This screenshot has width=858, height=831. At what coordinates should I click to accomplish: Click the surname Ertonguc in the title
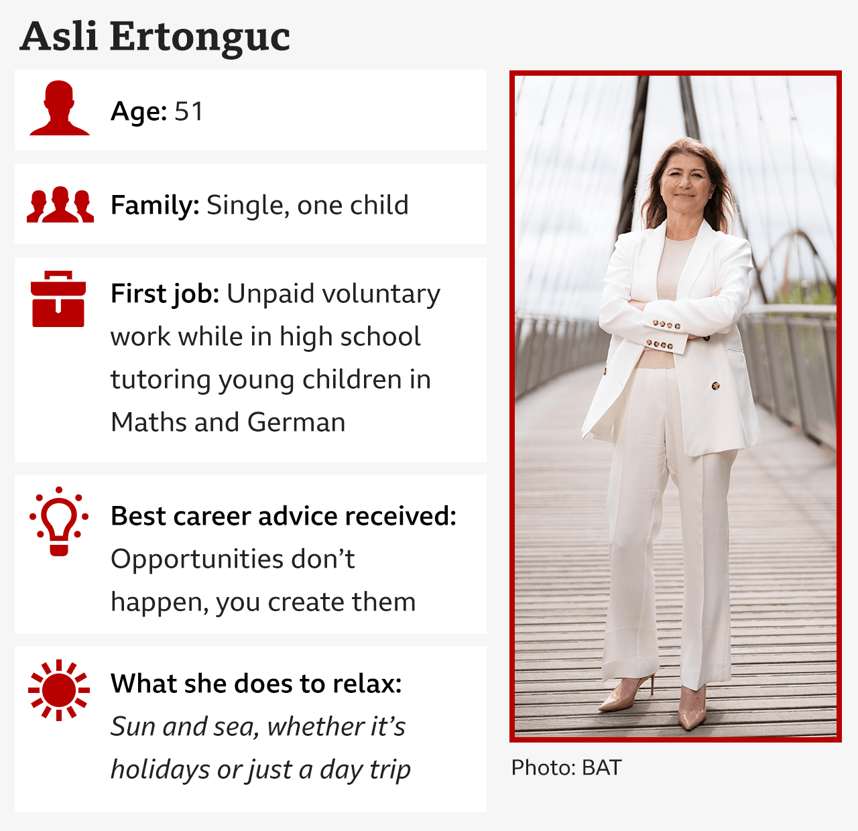pyautogui.click(x=200, y=38)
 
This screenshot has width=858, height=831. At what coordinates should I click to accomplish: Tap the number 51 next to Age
pyautogui.click(x=189, y=111)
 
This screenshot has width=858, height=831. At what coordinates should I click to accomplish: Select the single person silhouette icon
pyautogui.click(x=59, y=108)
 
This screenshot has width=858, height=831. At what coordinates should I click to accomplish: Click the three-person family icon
pyautogui.click(x=60, y=204)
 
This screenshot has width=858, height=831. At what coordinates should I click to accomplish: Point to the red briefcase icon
pyautogui.click(x=58, y=299)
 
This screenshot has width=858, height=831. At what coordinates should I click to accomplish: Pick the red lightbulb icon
pyautogui.click(x=58, y=521)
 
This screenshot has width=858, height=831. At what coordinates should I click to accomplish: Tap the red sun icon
pyautogui.click(x=58, y=690)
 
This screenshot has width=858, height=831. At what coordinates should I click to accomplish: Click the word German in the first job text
pyautogui.click(x=296, y=422)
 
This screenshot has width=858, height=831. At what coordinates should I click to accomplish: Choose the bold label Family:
pyautogui.click(x=155, y=206)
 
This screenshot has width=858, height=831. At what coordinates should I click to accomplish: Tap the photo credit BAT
pyautogui.click(x=601, y=767)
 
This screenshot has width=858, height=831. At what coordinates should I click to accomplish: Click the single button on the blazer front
pyautogui.click(x=715, y=386)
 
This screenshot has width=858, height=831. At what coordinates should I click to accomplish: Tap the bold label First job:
pyautogui.click(x=165, y=294)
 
